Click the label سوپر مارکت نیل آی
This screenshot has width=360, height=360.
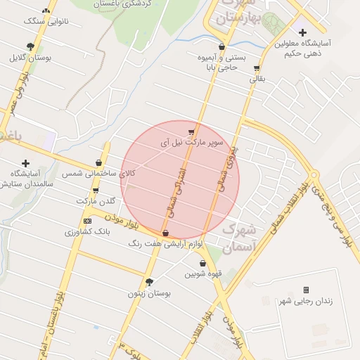192,142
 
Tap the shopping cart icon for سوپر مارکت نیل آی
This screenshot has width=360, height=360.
191,131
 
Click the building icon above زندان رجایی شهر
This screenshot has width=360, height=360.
306,290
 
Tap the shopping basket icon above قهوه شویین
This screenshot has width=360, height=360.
202,264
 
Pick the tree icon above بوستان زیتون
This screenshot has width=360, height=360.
149,282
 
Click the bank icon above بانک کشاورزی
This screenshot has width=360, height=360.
87,221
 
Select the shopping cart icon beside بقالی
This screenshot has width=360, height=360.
257,69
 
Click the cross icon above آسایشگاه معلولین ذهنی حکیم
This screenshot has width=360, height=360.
303,32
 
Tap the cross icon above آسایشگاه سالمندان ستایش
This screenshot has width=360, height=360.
27,163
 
